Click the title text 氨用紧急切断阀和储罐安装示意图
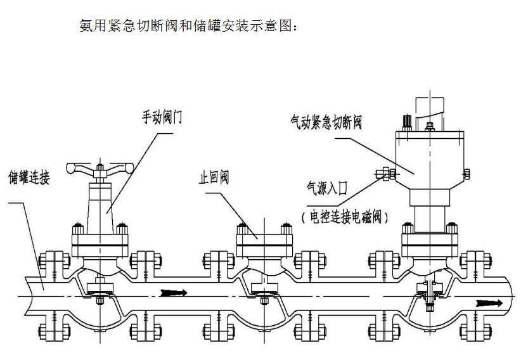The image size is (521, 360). point(188,27)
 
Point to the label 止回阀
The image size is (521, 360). point(214,177)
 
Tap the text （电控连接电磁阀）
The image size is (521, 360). point(344,217)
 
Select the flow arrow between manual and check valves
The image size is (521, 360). point(175,292)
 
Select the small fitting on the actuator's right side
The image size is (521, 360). point(467,173)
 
